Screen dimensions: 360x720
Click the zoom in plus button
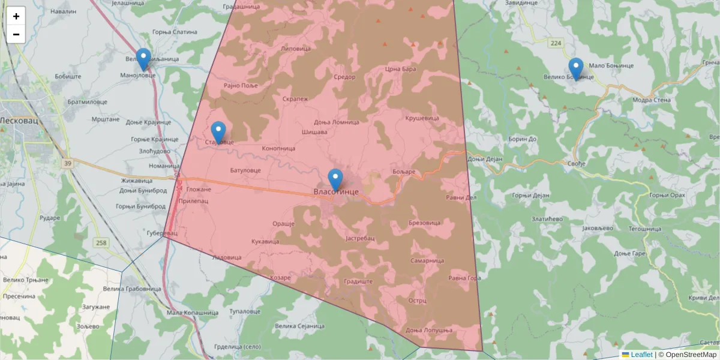pos(16,16)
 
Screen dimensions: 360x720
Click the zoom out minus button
pos(16,34)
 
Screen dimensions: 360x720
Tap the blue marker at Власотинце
pos(335,179)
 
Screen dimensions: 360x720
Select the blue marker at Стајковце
pos(218,132)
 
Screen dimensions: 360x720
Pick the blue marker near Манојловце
pos(143,59)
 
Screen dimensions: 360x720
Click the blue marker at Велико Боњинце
pos(575,68)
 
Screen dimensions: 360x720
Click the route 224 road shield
pos(556,43)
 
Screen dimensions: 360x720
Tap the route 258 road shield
pos(101,242)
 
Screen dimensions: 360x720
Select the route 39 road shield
pos(66,163)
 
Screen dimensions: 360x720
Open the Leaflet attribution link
pos(641,355)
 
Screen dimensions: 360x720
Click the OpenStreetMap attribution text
pos(690,355)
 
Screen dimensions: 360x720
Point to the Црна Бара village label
pos(400,69)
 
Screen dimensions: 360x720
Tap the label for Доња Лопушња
pos(428,331)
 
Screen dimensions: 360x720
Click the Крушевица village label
pos(422,118)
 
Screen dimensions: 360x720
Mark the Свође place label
pos(575,163)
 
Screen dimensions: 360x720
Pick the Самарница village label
pos(427,261)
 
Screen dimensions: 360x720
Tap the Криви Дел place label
pos(703,298)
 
